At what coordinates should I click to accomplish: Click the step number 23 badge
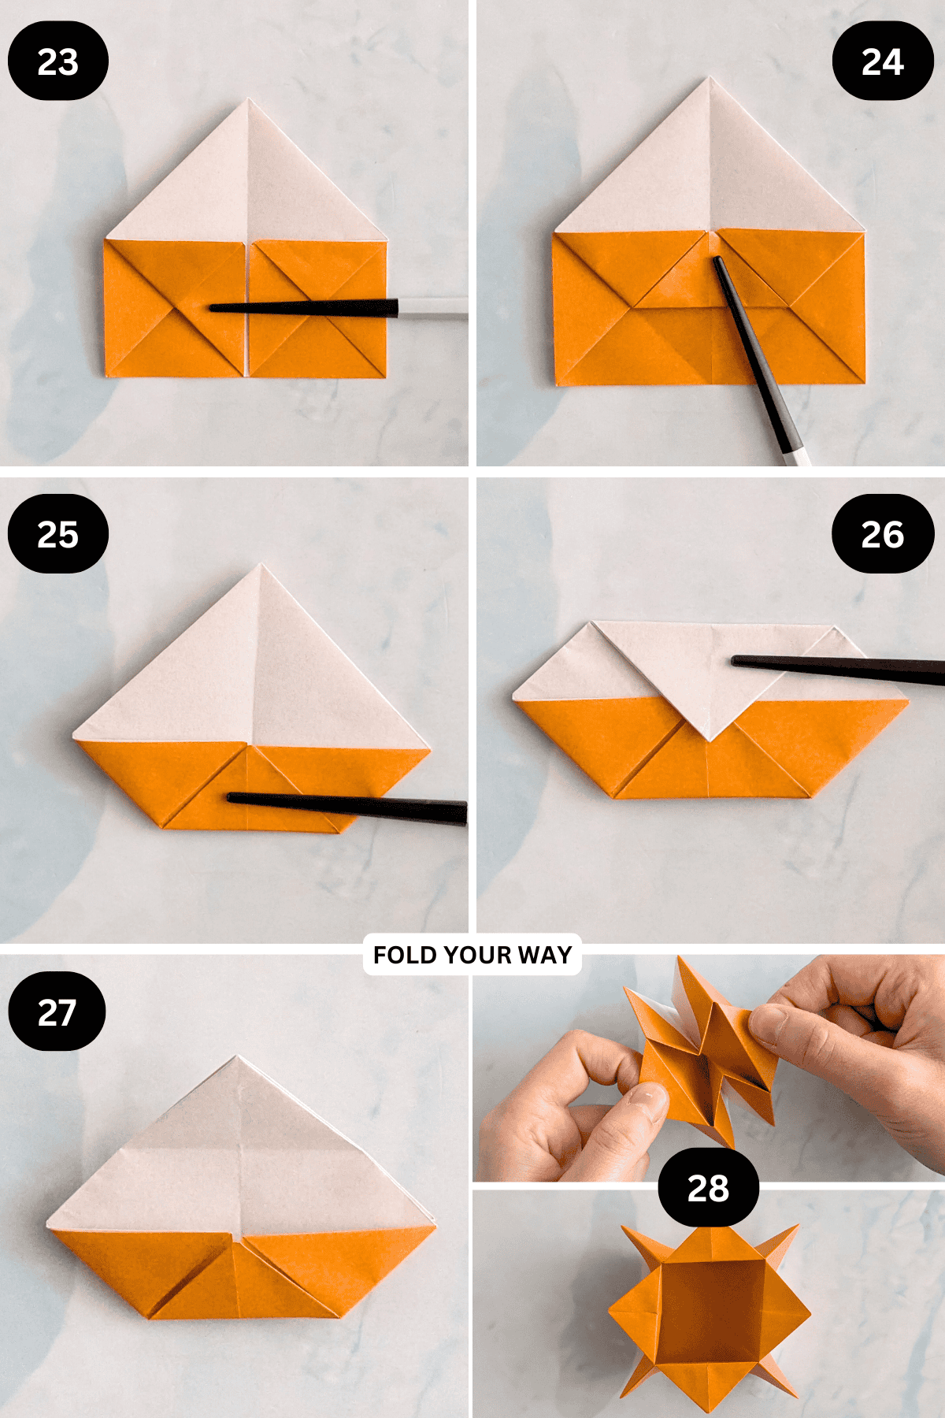tap(57, 61)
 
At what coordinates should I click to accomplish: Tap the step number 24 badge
tap(882, 61)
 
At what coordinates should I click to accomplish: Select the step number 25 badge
tap(57, 534)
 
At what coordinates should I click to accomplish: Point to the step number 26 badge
tap(882, 534)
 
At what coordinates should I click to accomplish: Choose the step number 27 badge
tap(57, 1012)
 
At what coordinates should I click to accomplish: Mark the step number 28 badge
tap(708, 1188)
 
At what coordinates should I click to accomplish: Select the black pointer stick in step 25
tap(346, 807)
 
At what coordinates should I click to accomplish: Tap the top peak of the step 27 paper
tap(236, 1059)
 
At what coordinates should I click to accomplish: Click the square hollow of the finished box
tap(709, 1308)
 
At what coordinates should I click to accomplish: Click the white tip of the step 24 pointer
tap(799, 455)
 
